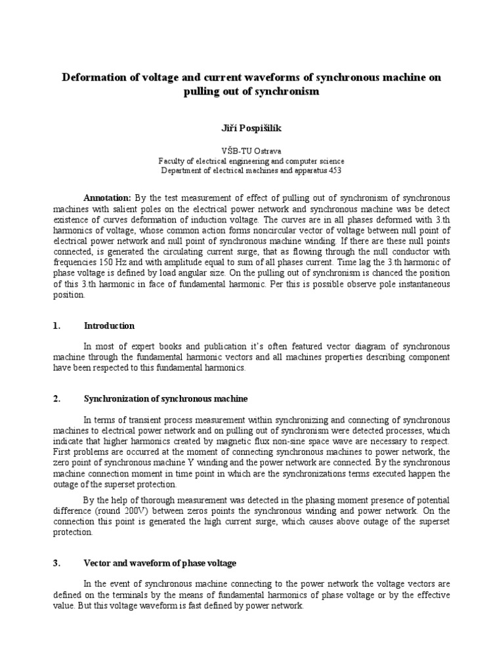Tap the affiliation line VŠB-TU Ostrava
tap(251, 150)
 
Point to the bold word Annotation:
tap(108, 198)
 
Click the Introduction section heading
tap(109, 325)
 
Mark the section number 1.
tap(56, 325)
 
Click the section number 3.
tap(56, 563)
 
